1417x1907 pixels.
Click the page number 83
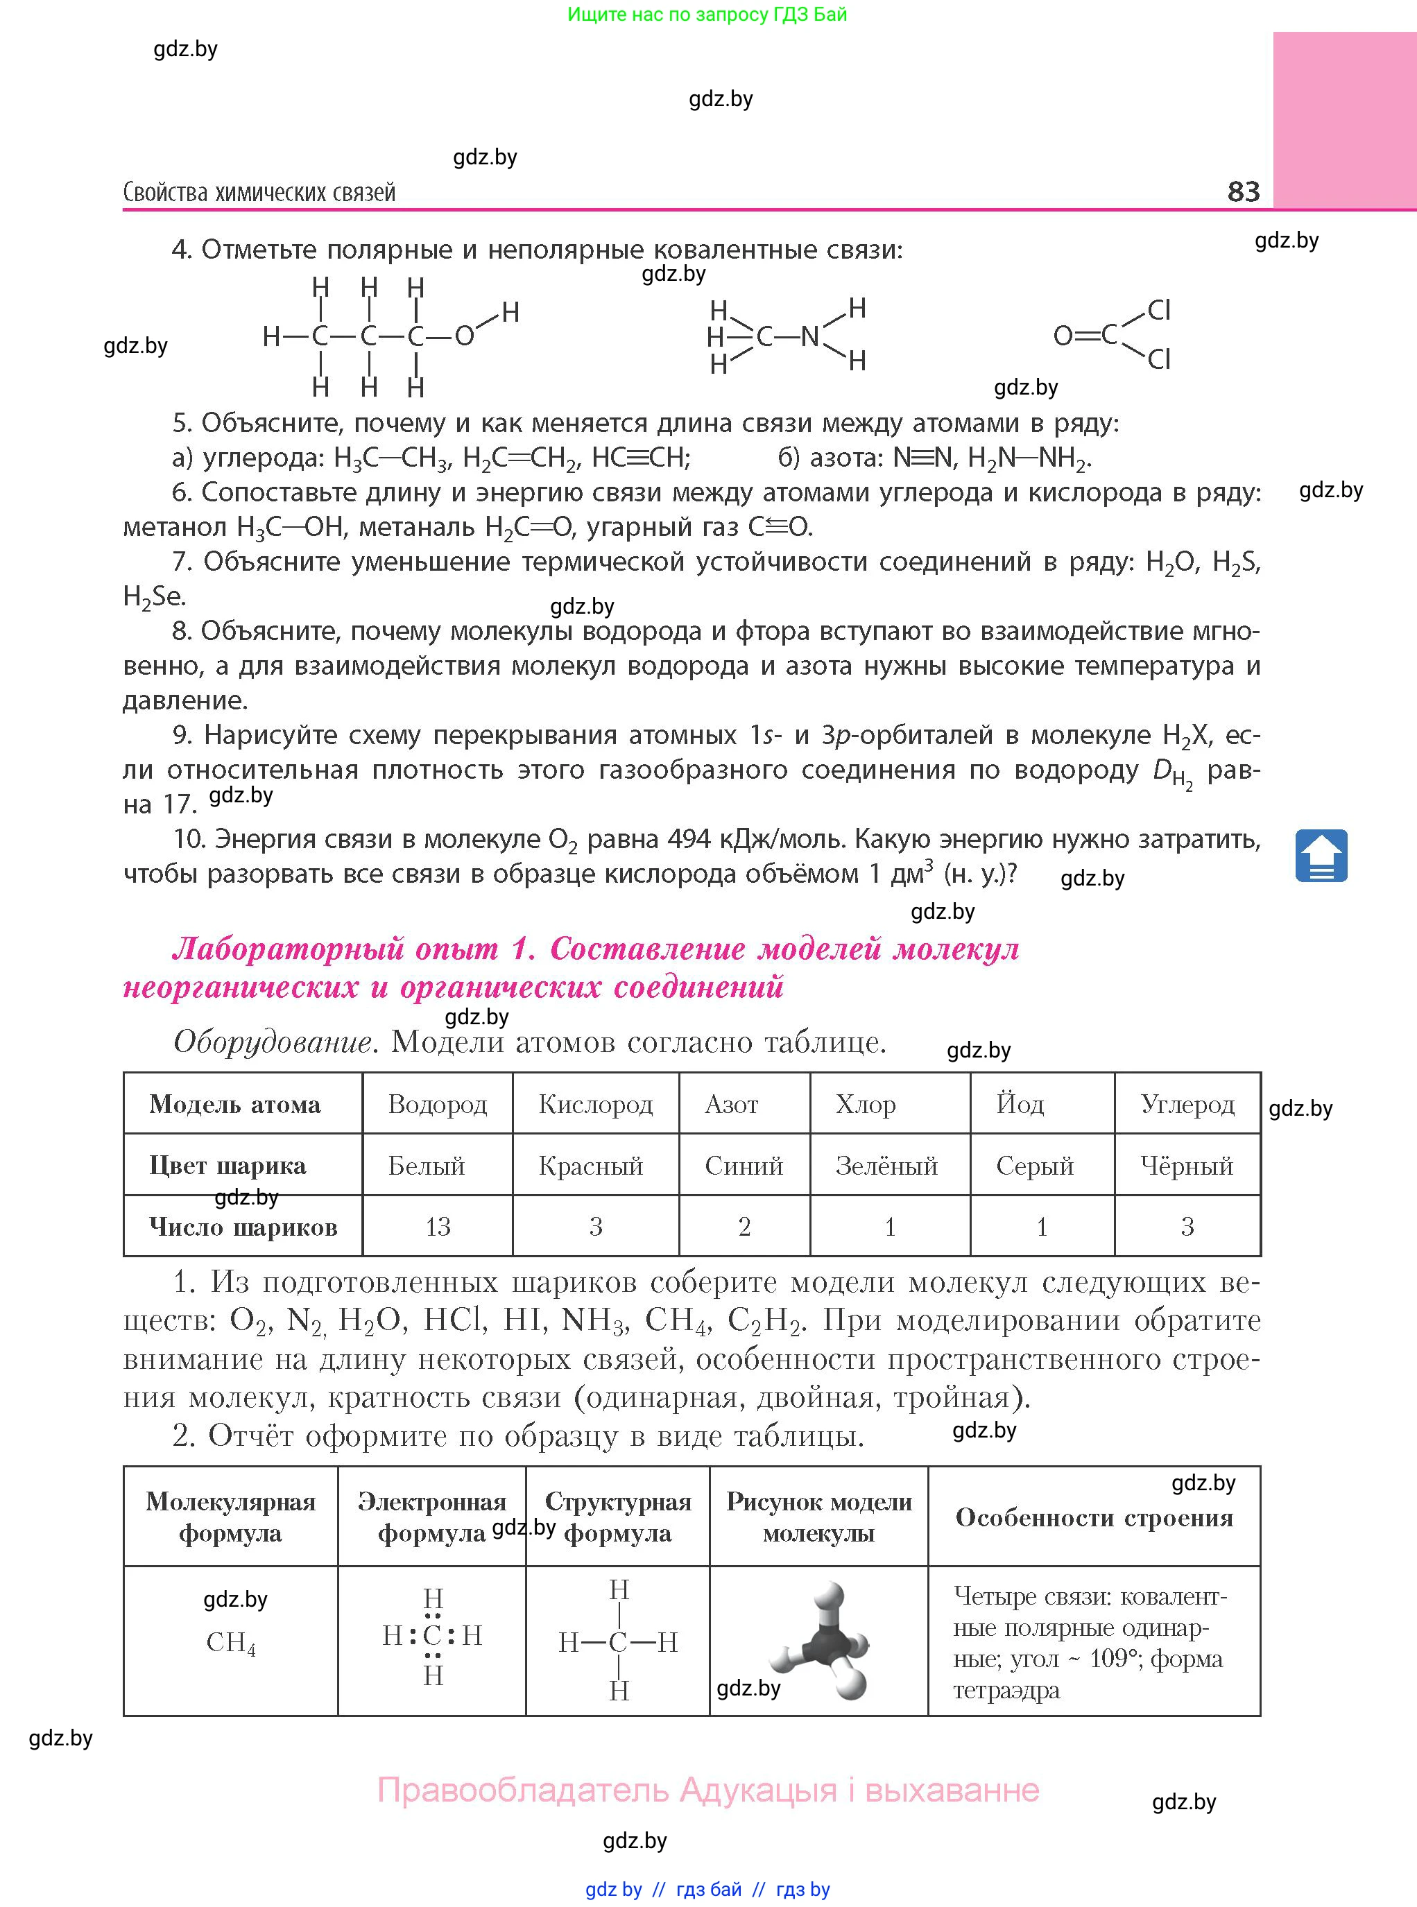pyautogui.click(x=1244, y=191)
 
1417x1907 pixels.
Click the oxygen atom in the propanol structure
pyautogui.click(x=464, y=336)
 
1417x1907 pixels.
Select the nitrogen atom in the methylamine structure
pyautogui.click(x=809, y=336)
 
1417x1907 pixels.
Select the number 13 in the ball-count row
pyautogui.click(x=438, y=1227)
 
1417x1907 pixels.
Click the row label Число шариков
pyautogui.click(x=243, y=1227)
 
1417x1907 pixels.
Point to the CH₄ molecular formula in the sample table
pyautogui.click(x=231, y=1642)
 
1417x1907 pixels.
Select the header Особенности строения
pyautogui.click(x=1094, y=1518)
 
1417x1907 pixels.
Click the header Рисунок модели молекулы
pyautogui.click(x=819, y=1518)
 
